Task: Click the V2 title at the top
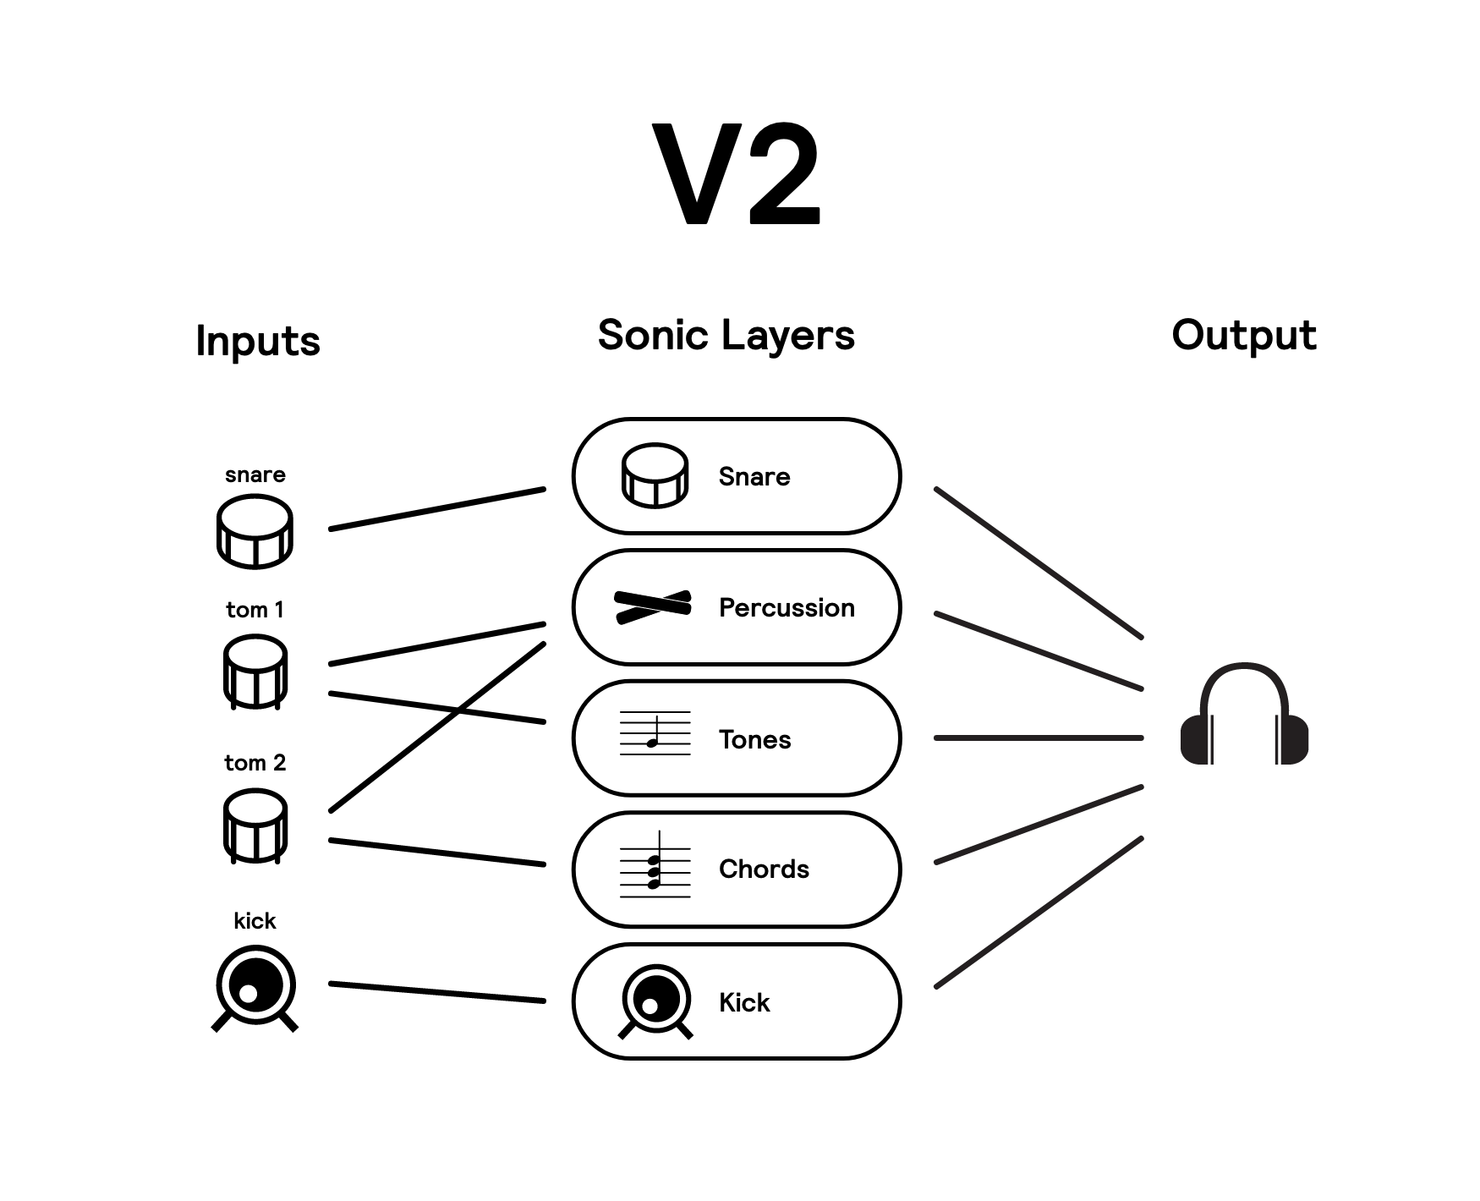point(737,174)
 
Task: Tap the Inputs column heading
point(258,342)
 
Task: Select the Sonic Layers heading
point(726,335)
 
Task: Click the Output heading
point(1243,335)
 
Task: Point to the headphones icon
point(1244,716)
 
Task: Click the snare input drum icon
point(255,531)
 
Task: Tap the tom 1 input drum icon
point(255,672)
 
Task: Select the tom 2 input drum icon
point(255,825)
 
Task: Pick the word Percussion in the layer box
point(787,608)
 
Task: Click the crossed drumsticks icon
point(653,606)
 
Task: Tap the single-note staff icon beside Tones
point(655,733)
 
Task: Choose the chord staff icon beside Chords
point(655,865)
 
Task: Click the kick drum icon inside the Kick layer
point(655,1001)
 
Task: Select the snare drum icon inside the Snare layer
point(655,475)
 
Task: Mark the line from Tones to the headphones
point(1039,738)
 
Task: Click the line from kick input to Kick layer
point(437,992)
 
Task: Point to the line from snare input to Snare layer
point(437,509)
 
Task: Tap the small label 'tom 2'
point(255,763)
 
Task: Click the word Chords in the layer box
point(764,869)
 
